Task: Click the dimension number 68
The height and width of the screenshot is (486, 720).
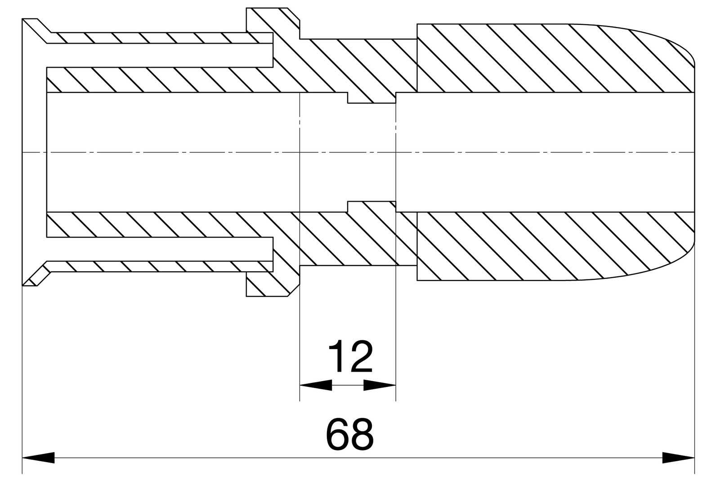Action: coord(349,434)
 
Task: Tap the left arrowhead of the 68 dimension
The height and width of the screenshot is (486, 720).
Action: coord(38,458)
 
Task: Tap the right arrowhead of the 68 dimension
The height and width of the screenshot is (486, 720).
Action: coord(678,458)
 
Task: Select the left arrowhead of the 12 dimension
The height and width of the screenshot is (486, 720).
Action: coord(315,385)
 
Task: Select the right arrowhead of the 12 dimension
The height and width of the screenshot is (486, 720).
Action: coord(380,385)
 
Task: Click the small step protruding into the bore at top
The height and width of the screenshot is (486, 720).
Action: coord(371,98)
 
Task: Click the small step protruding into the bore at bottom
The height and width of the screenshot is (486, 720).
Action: coord(371,207)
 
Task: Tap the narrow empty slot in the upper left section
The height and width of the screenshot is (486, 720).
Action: coord(157,55)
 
